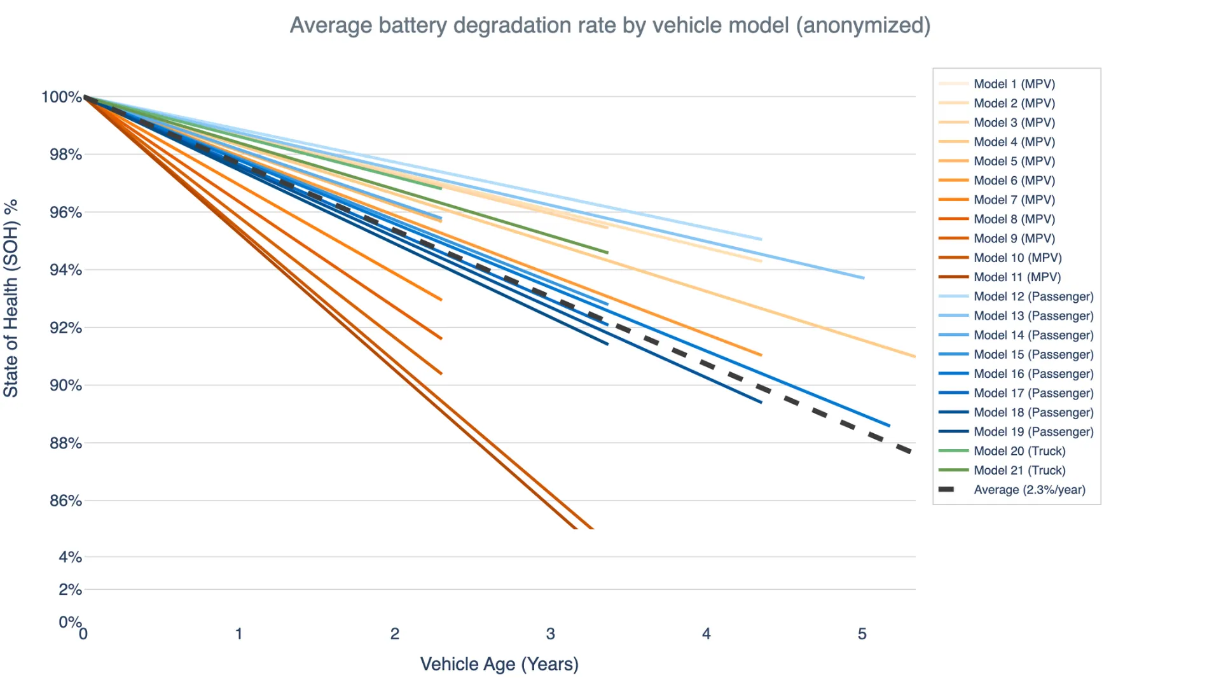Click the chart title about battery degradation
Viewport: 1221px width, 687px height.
click(x=610, y=25)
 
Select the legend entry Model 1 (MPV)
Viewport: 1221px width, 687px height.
click(x=1014, y=84)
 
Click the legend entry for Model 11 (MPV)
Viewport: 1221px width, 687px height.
click(x=1017, y=277)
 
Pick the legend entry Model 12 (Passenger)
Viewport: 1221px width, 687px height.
click(x=1033, y=296)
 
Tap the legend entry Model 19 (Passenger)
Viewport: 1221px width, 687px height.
click(x=1033, y=432)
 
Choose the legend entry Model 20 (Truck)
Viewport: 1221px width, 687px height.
click(x=1019, y=451)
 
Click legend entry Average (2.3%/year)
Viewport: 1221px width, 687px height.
click(x=1029, y=490)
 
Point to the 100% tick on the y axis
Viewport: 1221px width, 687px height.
click(x=62, y=97)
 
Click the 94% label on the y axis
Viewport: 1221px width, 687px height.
click(x=66, y=270)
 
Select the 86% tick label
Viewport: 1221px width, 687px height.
click(x=66, y=501)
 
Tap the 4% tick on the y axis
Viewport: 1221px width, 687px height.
click(x=70, y=557)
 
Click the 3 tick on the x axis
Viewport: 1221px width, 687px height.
click(x=550, y=634)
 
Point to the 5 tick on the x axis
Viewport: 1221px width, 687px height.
click(x=862, y=634)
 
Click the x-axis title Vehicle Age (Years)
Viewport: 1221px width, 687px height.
click(x=499, y=664)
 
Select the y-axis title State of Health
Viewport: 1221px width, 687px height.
click(x=11, y=299)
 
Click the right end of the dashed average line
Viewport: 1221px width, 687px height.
click(x=913, y=452)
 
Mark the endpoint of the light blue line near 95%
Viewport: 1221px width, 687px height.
click(x=761, y=239)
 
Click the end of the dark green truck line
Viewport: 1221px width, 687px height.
click(x=608, y=253)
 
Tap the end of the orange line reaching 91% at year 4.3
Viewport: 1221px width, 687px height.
click(x=761, y=355)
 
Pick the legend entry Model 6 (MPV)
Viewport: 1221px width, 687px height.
click(x=1014, y=181)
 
